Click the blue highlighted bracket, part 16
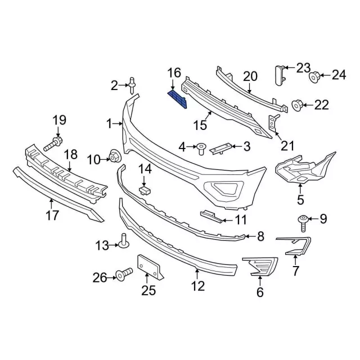(178, 97)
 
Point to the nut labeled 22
(299, 104)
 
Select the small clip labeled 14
(145, 190)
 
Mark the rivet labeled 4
(201, 148)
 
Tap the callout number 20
(250, 76)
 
